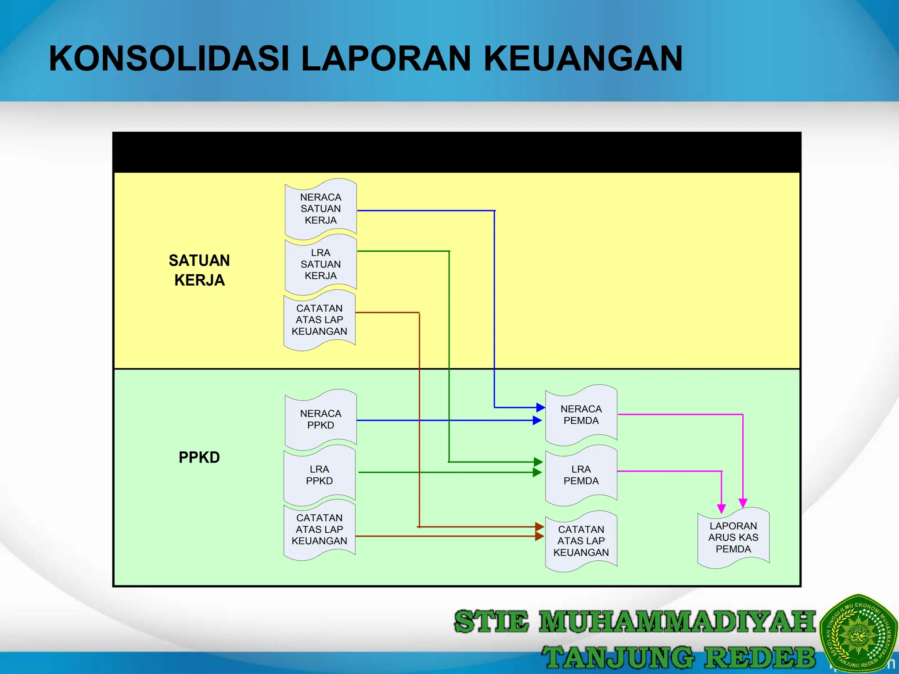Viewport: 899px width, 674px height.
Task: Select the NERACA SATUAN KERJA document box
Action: tap(320, 208)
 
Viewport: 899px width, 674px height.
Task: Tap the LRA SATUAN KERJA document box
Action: tap(320, 264)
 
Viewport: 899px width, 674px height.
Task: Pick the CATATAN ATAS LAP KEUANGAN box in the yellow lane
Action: tap(319, 320)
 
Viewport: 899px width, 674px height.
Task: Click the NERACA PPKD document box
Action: tap(320, 419)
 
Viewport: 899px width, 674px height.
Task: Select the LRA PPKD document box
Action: tap(319, 475)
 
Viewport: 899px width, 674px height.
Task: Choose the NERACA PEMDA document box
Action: tap(581, 415)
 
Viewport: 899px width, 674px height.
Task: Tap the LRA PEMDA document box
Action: tap(581, 475)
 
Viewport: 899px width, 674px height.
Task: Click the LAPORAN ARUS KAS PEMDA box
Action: tap(733, 537)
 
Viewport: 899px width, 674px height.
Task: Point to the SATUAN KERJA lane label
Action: tap(199, 270)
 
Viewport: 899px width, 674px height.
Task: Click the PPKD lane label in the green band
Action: tap(199, 457)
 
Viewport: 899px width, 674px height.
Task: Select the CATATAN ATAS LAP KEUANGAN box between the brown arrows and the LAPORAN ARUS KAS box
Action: tap(581, 541)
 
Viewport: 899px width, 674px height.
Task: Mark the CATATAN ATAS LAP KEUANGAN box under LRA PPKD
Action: tap(319, 529)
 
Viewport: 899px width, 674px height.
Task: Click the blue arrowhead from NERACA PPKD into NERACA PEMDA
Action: tap(537, 420)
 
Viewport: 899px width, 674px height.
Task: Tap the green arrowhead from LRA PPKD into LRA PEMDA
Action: tap(537, 473)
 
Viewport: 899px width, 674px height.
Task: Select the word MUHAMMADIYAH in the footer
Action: tap(677, 622)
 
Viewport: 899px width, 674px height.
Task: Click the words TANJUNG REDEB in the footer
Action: tap(678, 657)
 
